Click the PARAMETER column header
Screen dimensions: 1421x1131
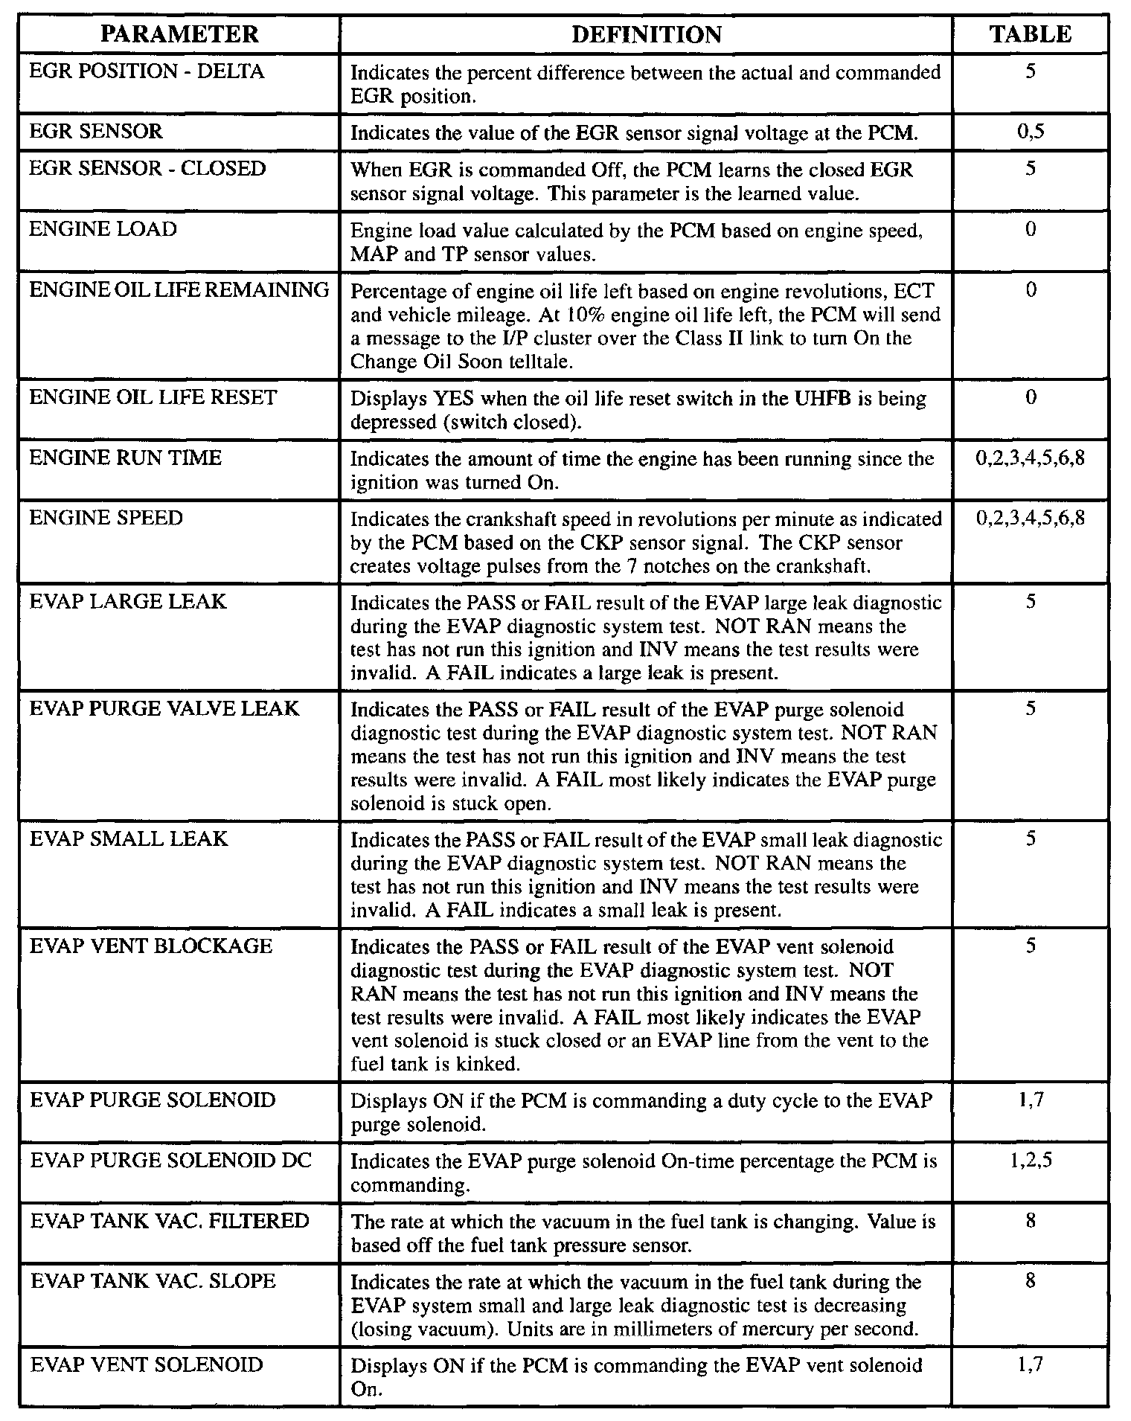(179, 34)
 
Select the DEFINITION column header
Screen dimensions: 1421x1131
(646, 34)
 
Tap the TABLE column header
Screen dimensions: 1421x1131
(1031, 34)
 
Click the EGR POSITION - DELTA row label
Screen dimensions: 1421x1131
(147, 72)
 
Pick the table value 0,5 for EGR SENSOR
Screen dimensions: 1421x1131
(1031, 132)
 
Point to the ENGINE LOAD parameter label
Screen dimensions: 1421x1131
(103, 229)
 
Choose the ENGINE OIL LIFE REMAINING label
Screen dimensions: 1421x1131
(179, 290)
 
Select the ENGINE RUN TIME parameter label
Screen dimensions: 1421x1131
(126, 458)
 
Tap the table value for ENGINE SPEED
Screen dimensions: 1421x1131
(1031, 518)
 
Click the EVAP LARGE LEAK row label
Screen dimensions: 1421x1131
(128, 601)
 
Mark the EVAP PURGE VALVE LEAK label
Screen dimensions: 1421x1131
(164, 708)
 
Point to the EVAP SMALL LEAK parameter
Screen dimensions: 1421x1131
(129, 839)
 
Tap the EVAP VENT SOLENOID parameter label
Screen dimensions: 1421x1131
(147, 1365)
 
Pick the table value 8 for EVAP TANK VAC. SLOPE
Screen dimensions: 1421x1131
(1031, 1281)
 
